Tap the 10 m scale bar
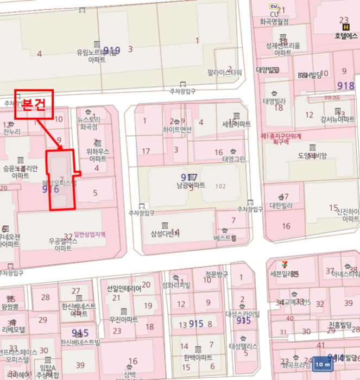point(322,364)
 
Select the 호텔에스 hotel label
point(346,35)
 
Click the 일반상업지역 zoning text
point(89,235)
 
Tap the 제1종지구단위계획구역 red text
point(281,138)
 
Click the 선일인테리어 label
point(124,288)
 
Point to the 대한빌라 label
point(281,206)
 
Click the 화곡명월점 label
point(274,22)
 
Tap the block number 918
point(345,86)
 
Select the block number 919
point(111,51)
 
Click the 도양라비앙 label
point(312,156)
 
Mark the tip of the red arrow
point(63,149)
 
